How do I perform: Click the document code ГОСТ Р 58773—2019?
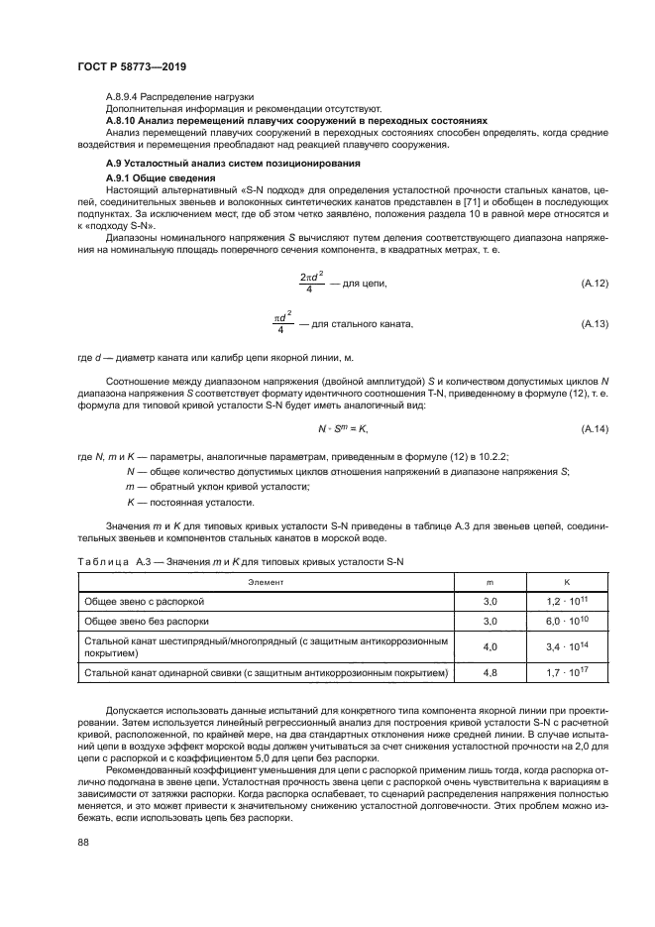[x=131, y=65]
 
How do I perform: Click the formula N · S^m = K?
[x=343, y=401]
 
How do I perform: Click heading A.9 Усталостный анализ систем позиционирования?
[x=232, y=162]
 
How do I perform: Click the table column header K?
[x=567, y=583]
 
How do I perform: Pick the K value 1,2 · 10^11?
[x=567, y=601]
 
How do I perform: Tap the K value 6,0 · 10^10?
[x=567, y=621]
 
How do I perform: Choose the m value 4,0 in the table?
[x=489, y=647]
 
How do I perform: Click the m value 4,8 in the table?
[x=489, y=674]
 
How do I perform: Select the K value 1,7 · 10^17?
[x=567, y=674]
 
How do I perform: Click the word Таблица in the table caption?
[x=102, y=562]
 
